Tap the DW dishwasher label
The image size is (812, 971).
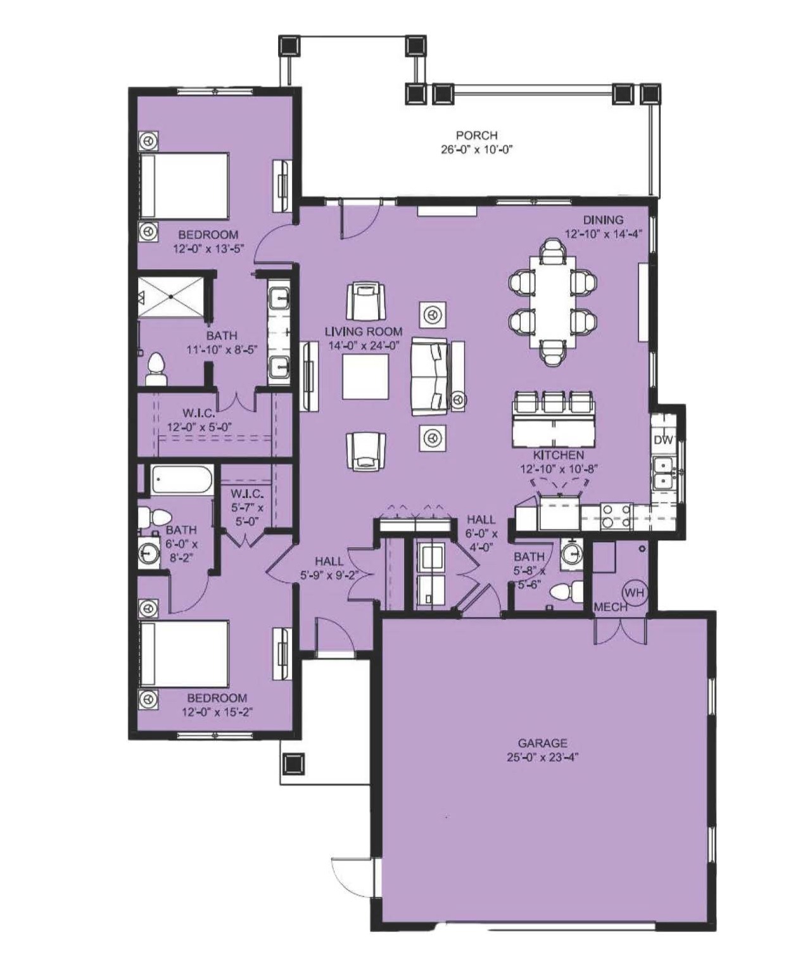[x=663, y=440]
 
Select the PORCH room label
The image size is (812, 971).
[x=477, y=136]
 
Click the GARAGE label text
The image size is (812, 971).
[x=543, y=743]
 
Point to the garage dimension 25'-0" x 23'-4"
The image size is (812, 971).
[x=543, y=757]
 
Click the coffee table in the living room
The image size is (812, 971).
[x=365, y=377]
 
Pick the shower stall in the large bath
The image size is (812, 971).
[x=172, y=296]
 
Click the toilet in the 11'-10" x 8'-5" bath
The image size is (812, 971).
[x=156, y=370]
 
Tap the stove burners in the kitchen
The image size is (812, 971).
[x=615, y=517]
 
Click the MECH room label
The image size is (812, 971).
[x=611, y=607]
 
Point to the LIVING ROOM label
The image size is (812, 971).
[x=364, y=331]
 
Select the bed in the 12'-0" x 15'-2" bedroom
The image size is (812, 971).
[x=184, y=654]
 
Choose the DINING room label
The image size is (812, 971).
[x=603, y=220]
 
